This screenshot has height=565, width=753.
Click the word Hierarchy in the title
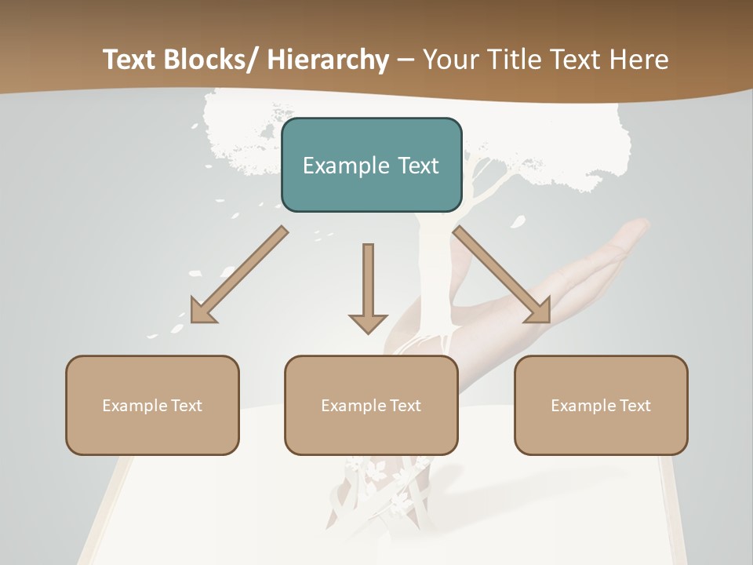coord(328,60)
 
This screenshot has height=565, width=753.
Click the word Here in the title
coord(638,60)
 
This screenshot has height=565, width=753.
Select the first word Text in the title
coord(129,60)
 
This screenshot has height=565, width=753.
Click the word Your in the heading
coord(450,60)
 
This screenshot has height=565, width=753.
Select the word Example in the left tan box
coord(134,406)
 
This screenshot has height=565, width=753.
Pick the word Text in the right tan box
coord(633,406)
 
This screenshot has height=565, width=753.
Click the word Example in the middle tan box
coord(353,406)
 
